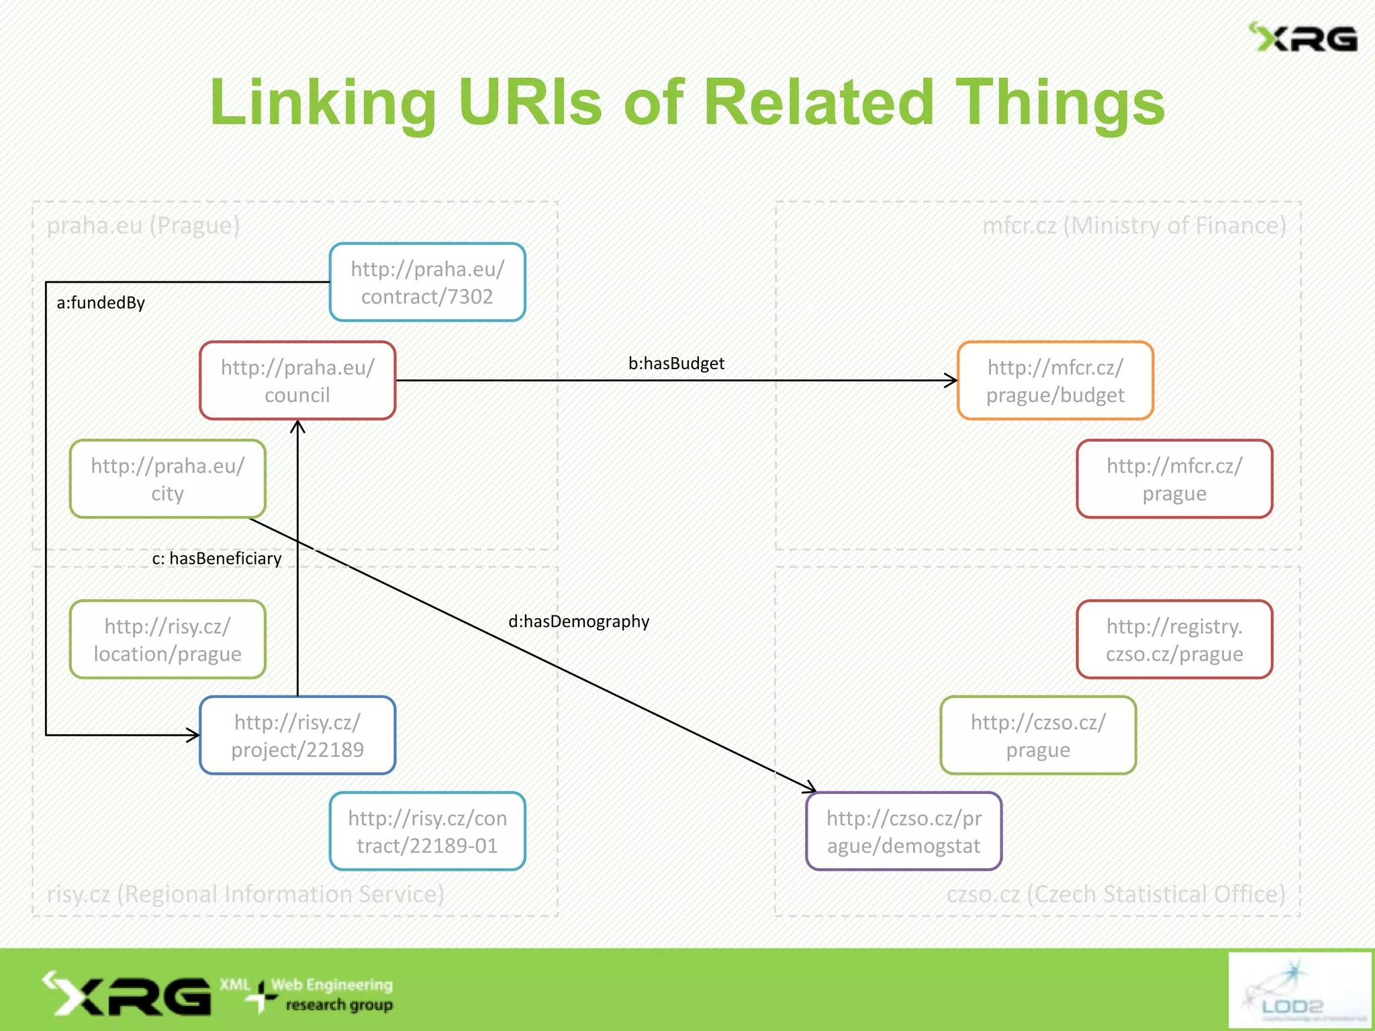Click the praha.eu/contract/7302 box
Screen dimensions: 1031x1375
point(427,283)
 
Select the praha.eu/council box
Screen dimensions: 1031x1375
point(297,381)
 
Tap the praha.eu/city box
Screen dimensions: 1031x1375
point(167,479)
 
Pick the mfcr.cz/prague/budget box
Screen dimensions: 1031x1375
point(1055,381)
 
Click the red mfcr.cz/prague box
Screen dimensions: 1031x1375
point(1174,479)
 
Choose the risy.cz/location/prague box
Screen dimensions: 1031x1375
point(167,640)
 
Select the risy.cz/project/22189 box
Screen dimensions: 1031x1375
point(297,736)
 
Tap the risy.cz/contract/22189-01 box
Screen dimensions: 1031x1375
point(427,832)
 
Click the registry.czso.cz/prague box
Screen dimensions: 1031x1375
point(1174,640)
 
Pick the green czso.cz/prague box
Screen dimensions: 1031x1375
point(1038,736)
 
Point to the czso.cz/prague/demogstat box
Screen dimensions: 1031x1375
point(904,832)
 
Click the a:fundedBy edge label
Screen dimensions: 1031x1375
point(101,303)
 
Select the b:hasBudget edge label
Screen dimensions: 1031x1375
point(676,363)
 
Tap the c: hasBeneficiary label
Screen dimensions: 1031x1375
point(216,558)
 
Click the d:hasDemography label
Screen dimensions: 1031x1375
point(579,622)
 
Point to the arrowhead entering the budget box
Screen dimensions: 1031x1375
point(951,381)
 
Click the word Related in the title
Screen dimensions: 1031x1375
point(818,102)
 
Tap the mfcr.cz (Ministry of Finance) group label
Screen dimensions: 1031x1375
point(1133,226)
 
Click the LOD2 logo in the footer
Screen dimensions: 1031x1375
point(1298,989)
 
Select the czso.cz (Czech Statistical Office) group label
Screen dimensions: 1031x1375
point(1115,894)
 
